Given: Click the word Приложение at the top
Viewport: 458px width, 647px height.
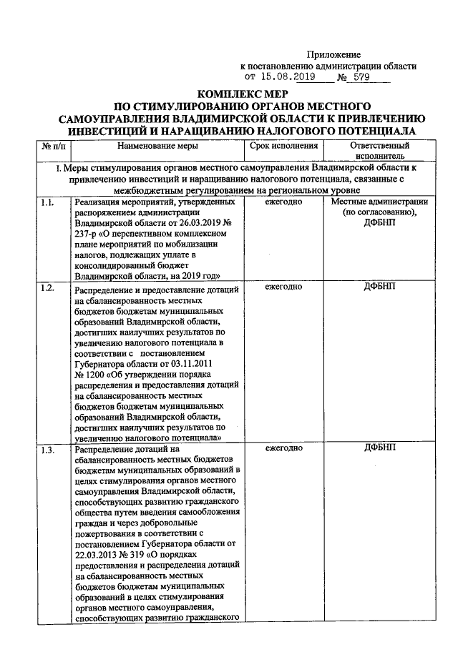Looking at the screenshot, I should (x=334, y=55).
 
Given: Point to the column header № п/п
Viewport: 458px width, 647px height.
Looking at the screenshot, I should (x=54, y=147).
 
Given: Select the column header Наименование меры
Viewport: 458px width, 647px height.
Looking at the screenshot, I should (x=157, y=147).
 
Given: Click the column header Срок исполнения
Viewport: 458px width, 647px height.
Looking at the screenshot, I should (x=283, y=147).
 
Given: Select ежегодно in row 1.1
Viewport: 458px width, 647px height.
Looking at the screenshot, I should (x=283, y=203).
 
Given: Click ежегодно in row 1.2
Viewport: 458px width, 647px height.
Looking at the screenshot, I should (x=283, y=287).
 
